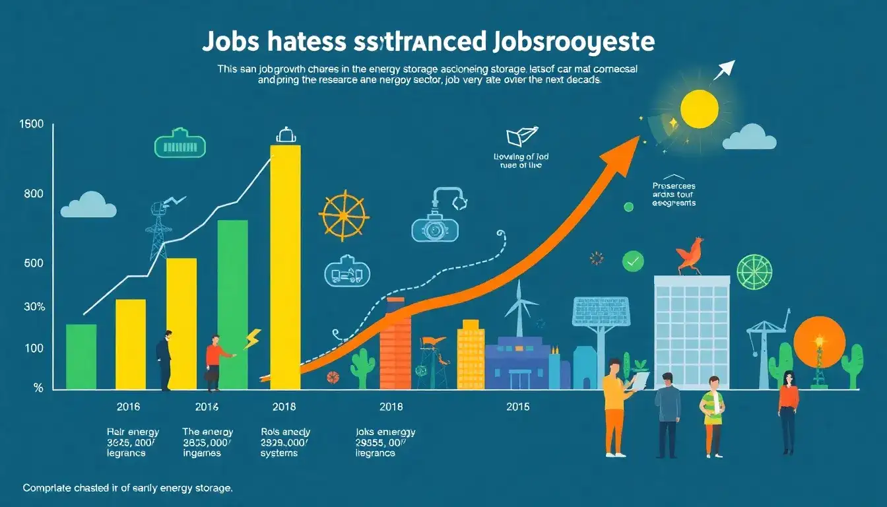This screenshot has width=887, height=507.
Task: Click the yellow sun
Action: pyautogui.click(x=699, y=109)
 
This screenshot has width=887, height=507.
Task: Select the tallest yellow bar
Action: pyautogui.click(x=285, y=264)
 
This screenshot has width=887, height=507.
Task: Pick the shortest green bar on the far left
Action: pyautogui.click(x=81, y=356)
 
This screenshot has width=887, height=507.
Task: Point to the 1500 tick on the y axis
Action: pyautogui.click(x=32, y=124)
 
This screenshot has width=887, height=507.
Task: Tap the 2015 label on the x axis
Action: pyautogui.click(x=518, y=407)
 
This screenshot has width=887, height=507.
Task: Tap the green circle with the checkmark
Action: pyautogui.click(x=632, y=262)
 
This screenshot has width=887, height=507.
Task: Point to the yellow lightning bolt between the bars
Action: pyautogui.click(x=252, y=339)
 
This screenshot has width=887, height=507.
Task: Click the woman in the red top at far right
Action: pyautogui.click(x=788, y=409)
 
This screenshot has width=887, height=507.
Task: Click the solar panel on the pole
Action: pyautogui.click(x=592, y=312)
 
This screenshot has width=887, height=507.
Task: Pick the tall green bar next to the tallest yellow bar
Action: pyautogui.click(x=232, y=304)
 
